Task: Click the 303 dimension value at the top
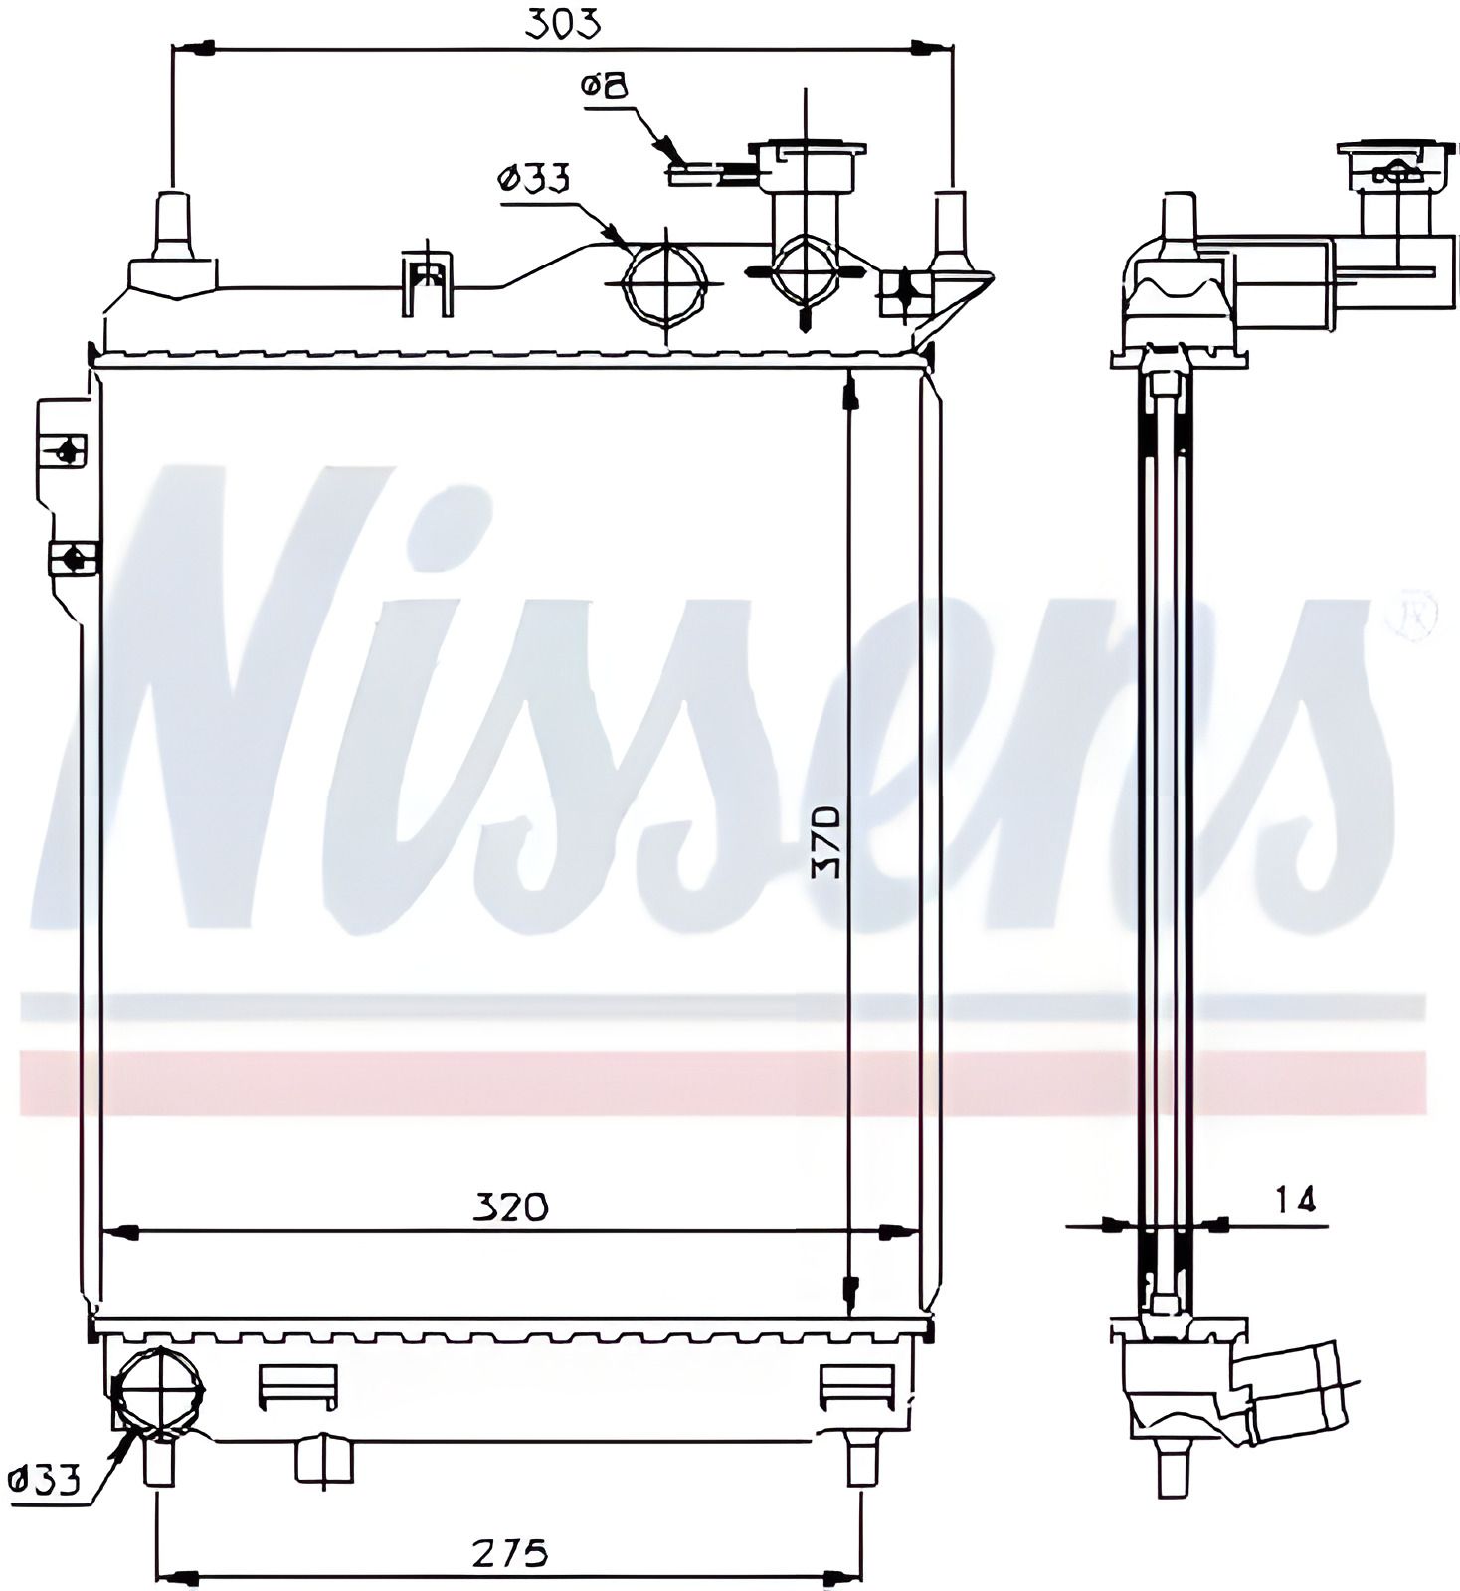click(x=564, y=23)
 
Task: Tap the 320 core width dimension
click(x=510, y=1207)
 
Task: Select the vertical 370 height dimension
click(x=826, y=841)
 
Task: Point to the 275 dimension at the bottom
click(x=510, y=1551)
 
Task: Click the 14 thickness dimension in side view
click(x=1295, y=1200)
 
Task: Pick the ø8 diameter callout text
click(x=607, y=87)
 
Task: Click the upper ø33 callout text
click(x=533, y=180)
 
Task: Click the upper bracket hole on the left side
click(x=68, y=451)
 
